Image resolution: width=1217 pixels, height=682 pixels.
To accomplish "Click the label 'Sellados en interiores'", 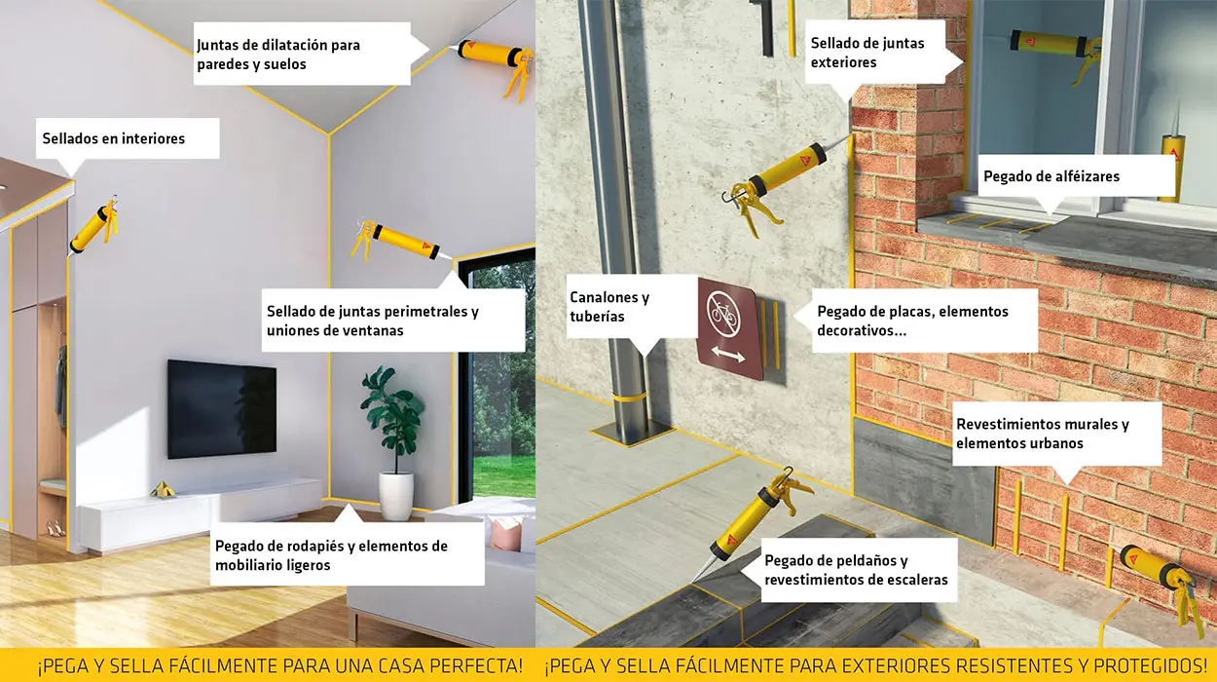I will (113, 139).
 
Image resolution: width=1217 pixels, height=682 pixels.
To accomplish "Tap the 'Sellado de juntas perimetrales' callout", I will (373, 322).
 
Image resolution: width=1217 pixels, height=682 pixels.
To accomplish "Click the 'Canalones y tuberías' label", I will (609, 307).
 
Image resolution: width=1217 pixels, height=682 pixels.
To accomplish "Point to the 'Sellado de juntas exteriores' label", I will (867, 53).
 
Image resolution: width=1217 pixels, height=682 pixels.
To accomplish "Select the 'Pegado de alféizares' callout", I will (1051, 176).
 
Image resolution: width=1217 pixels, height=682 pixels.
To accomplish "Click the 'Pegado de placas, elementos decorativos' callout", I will (912, 322).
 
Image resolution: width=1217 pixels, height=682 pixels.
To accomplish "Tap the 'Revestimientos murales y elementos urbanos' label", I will (1043, 434).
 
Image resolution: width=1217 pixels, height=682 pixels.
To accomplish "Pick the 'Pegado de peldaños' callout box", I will (856, 571).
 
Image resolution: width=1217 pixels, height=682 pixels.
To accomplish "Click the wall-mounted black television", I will (221, 409).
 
